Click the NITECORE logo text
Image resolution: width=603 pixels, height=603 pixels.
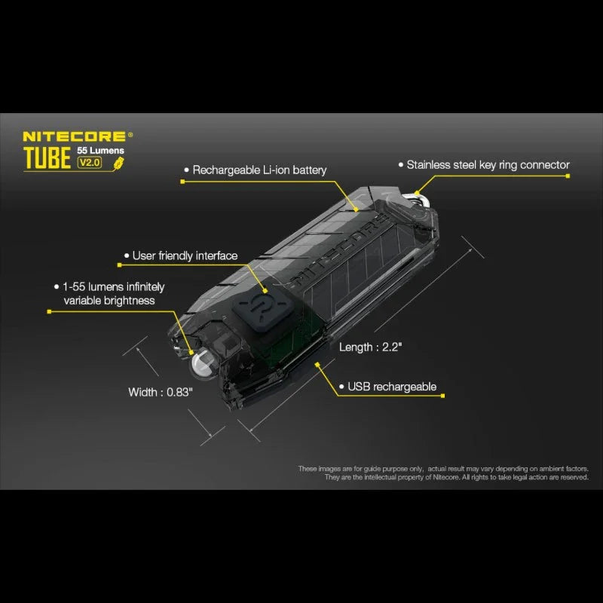click(75, 136)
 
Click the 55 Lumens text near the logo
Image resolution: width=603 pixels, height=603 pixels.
click(102, 151)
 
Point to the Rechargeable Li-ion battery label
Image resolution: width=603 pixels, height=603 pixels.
click(259, 170)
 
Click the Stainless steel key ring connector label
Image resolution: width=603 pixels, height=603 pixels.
click(488, 164)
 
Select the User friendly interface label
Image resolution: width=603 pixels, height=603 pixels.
click(185, 256)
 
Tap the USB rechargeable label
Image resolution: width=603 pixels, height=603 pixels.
click(391, 387)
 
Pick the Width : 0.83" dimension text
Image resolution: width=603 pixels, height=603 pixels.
click(161, 392)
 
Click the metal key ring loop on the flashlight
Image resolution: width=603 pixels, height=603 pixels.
click(420, 197)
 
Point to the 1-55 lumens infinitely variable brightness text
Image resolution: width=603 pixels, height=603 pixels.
click(114, 293)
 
